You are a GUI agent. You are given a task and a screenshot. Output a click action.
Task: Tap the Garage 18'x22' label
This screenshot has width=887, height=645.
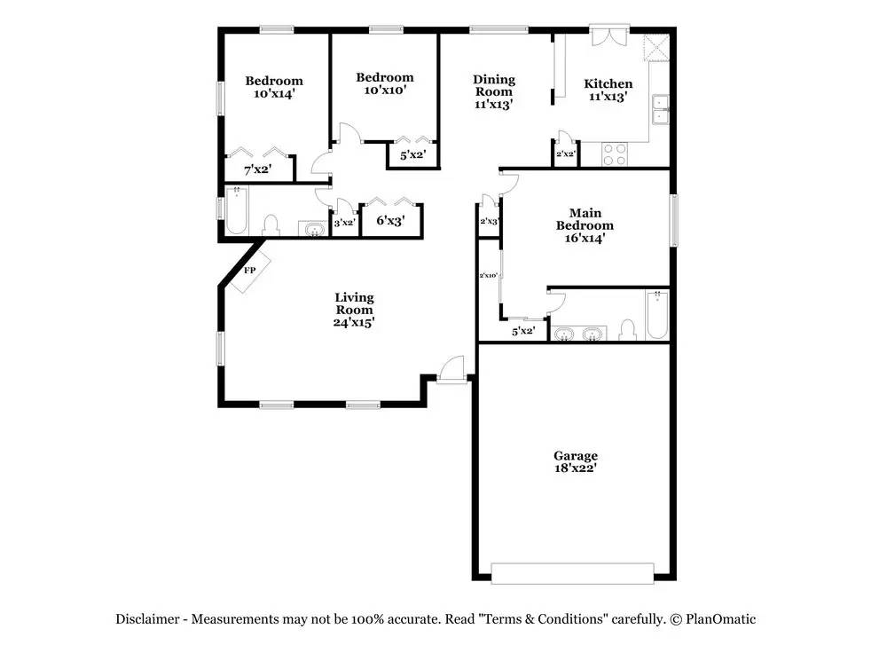576,462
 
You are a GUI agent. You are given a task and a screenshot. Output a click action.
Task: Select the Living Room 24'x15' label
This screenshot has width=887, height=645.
354,311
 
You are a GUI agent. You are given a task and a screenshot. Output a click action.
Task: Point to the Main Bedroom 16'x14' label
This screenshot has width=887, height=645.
585,225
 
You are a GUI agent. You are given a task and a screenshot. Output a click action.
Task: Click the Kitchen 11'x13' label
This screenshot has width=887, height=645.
608,90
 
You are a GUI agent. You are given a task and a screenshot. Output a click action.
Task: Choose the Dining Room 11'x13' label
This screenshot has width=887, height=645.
493,91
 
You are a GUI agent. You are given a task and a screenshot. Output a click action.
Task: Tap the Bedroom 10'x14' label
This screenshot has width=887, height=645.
274,87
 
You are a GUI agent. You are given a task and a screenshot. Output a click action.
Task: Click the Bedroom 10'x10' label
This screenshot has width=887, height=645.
385,83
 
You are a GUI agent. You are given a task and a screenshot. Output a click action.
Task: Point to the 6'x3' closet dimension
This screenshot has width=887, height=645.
390,221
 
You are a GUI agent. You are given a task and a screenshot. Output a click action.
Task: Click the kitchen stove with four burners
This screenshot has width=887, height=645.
616,154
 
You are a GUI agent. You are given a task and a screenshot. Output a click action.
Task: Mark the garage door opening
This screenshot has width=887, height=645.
573,573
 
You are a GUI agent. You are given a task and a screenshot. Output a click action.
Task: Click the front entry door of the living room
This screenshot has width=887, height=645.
452,370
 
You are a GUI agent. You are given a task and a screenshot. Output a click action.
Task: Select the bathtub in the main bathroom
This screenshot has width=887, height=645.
656,315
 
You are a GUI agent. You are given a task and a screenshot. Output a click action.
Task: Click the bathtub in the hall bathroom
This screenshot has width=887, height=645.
237,211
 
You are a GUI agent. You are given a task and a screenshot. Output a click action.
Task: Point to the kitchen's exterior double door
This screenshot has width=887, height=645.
610,36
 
